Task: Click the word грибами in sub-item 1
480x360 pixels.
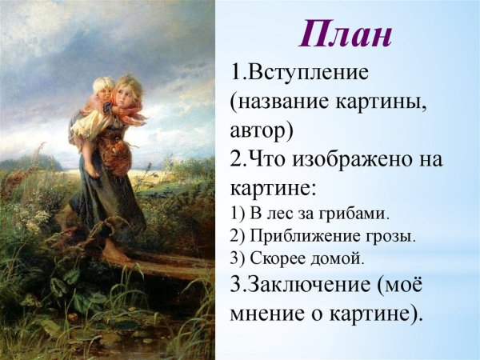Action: coord(353,214)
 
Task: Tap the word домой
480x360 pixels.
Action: coord(337,259)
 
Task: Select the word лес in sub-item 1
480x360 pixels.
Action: coord(278,214)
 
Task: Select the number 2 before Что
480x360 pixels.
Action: coord(238,159)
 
